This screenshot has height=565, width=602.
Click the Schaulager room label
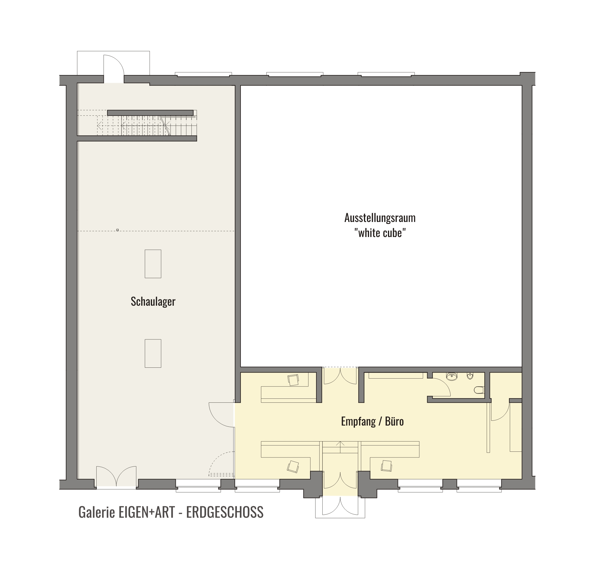(153, 301)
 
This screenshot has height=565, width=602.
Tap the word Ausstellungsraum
(380, 218)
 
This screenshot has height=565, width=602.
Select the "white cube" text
(380, 233)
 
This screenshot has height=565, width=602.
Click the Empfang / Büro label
(372, 421)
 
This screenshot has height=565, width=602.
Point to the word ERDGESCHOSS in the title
(225, 512)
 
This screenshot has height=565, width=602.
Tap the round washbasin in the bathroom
(451, 376)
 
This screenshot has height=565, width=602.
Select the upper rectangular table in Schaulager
(153, 264)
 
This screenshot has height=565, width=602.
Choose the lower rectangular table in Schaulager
(153, 353)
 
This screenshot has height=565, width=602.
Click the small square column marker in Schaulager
(117, 230)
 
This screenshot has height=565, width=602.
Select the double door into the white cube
(340, 376)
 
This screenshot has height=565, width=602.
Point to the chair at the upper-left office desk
(293, 380)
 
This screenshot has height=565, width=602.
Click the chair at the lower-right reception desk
(387, 466)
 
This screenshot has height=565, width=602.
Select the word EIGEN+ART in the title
(147, 512)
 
